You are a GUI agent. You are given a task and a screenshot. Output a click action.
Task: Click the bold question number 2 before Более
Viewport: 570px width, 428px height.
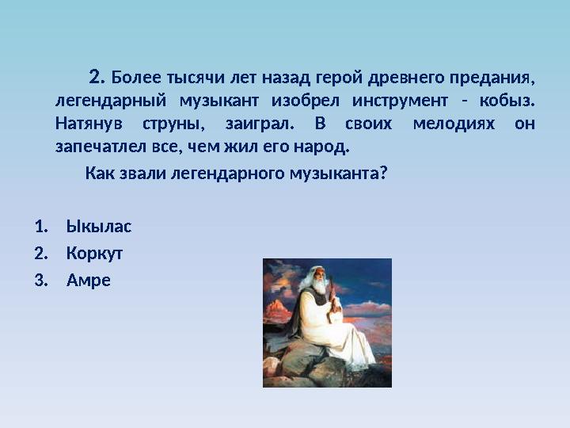(97, 78)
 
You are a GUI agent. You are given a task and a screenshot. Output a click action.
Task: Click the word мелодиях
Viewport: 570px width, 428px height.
(442, 124)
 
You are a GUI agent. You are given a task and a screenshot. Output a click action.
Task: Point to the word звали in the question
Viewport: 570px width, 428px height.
(140, 173)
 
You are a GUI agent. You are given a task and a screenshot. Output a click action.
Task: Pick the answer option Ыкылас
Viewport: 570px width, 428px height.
(99, 227)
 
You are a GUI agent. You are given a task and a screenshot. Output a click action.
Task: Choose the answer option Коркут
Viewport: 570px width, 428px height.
(95, 254)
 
